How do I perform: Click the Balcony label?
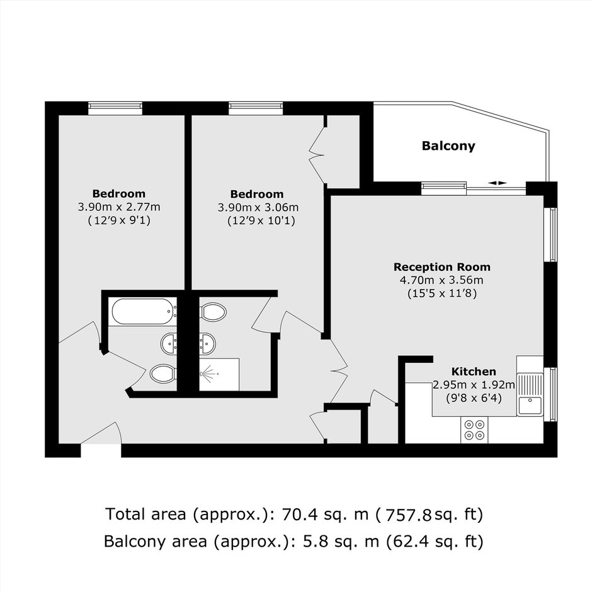448,146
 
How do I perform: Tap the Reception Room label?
442,267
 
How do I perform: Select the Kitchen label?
474,372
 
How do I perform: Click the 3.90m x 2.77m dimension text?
119,207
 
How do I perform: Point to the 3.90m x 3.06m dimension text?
258,207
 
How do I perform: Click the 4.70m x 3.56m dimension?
441,280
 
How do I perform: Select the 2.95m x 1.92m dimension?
474,385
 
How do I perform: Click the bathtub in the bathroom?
143,312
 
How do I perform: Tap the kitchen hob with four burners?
474,430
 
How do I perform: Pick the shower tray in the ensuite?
219,375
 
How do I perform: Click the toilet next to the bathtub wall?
213,312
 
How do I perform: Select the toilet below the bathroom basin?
163,373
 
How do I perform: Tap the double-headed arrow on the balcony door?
498,183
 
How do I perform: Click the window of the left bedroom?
115,108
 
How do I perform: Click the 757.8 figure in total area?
407,515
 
